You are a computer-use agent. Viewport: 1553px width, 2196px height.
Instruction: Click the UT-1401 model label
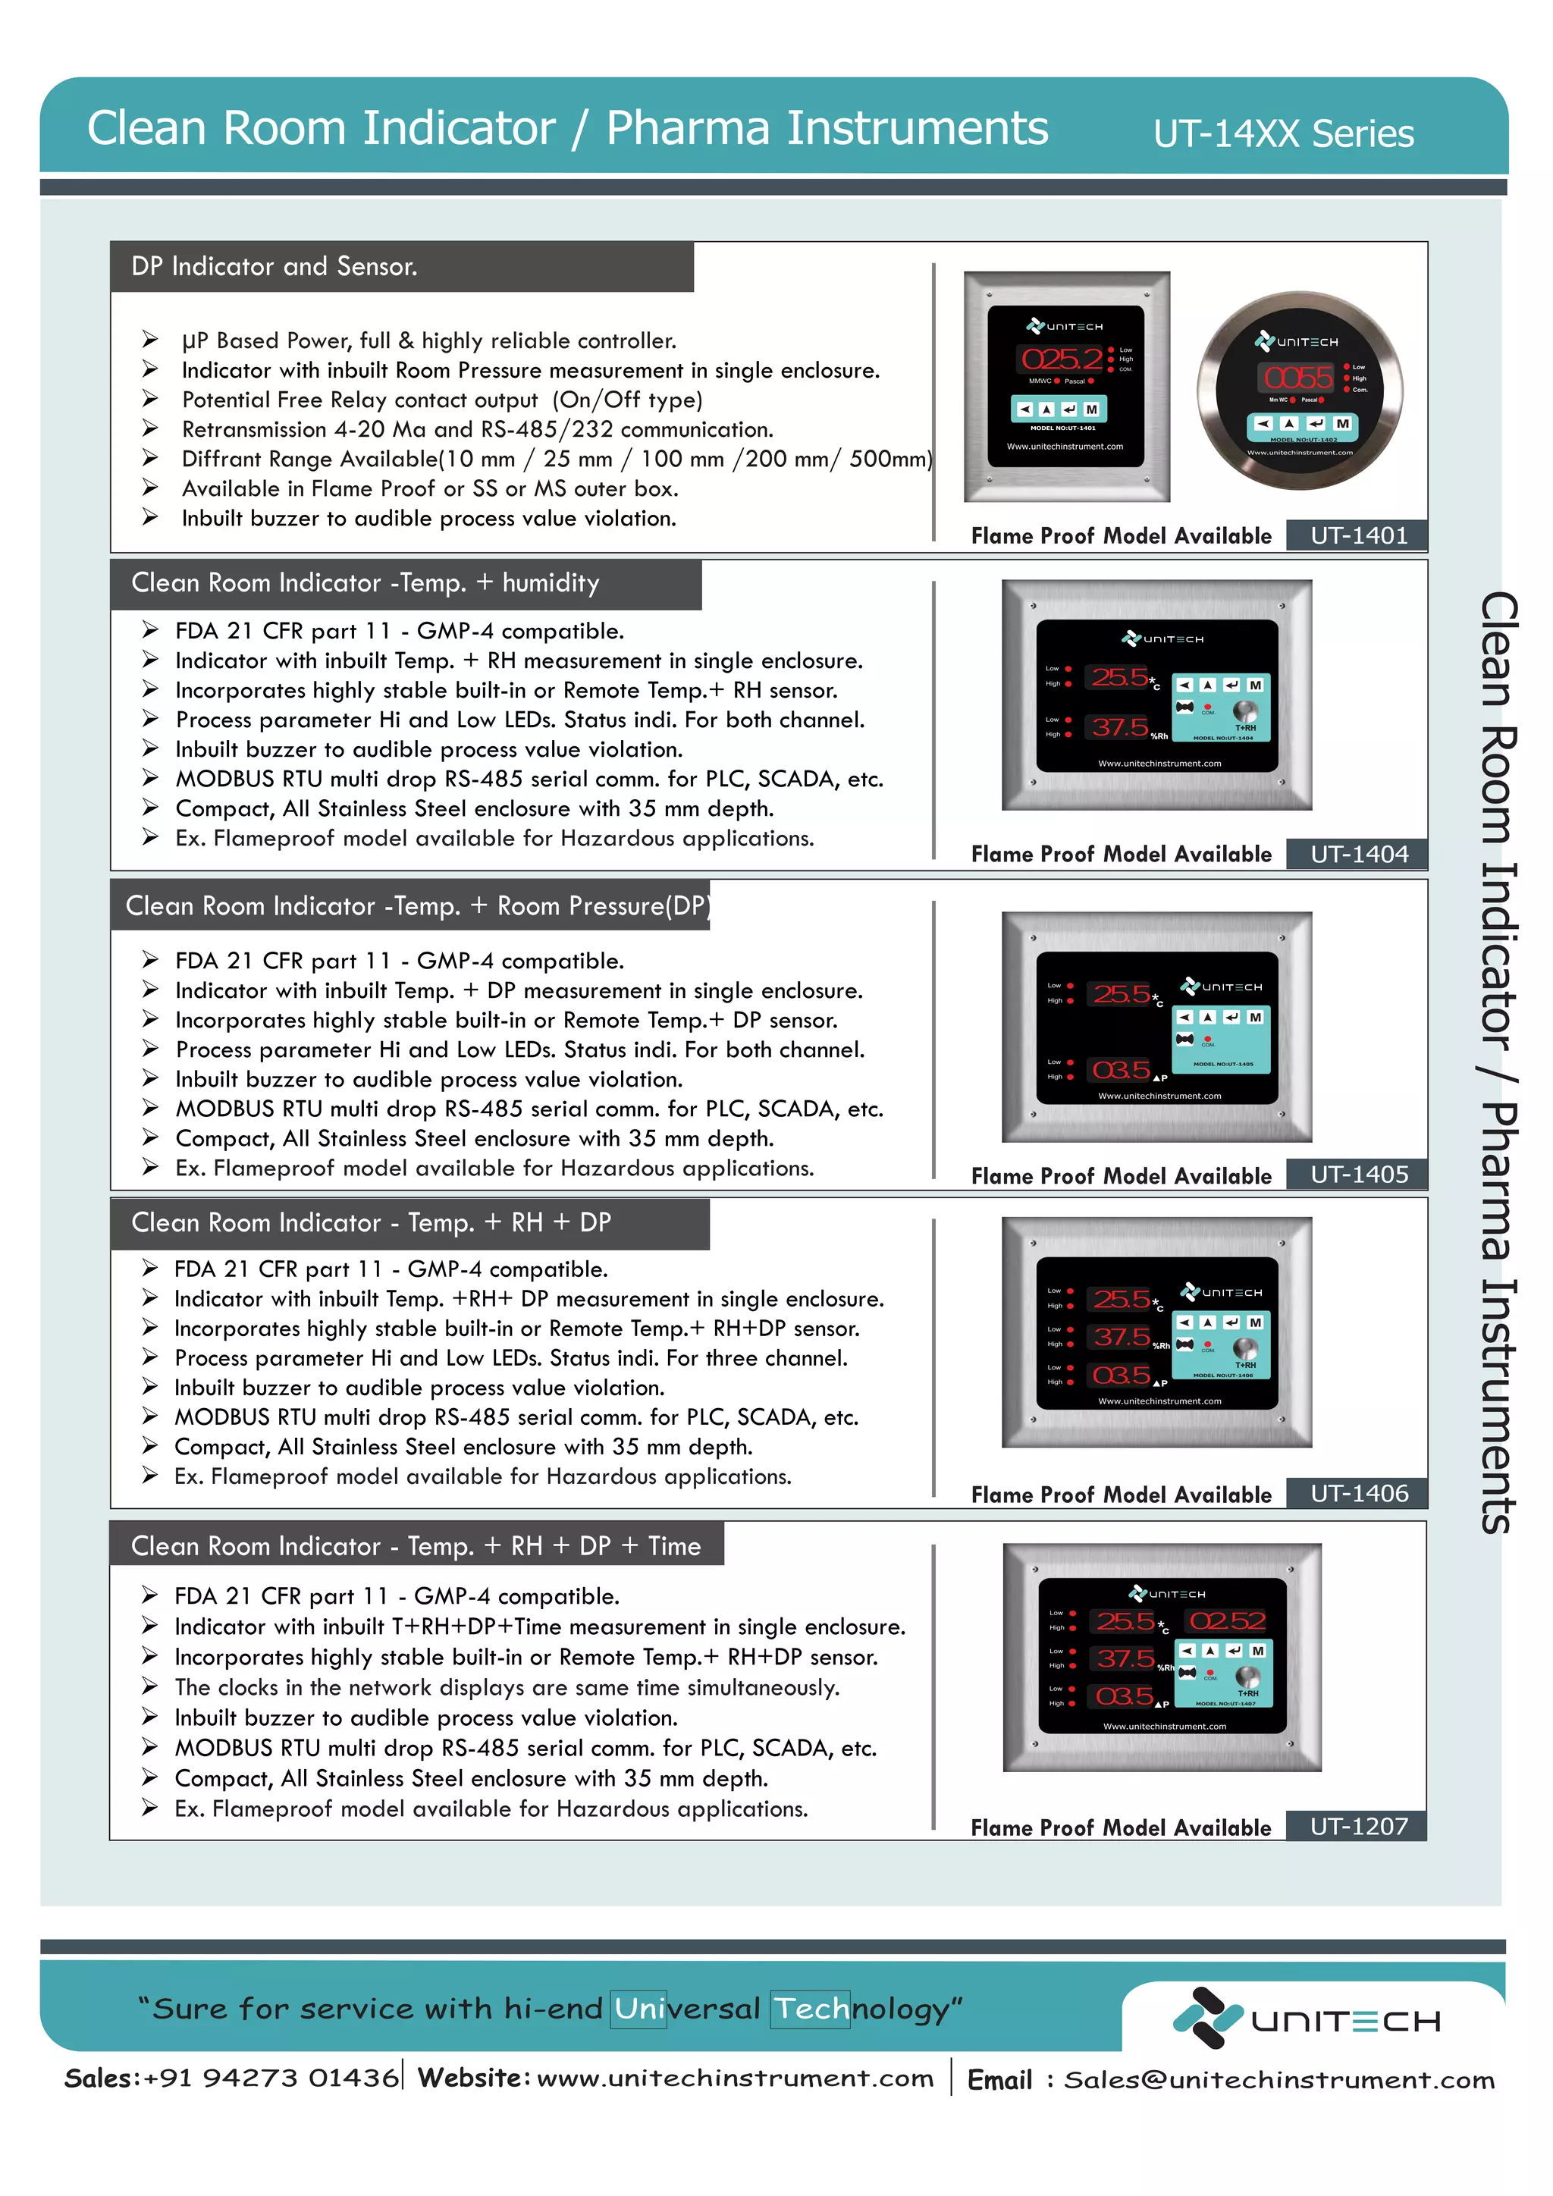coord(1358,535)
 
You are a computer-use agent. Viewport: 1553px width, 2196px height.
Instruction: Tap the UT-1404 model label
coord(1358,854)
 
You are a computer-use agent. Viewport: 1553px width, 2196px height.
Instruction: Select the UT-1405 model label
coord(1358,1175)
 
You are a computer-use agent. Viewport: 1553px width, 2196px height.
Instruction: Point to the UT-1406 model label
coord(1358,1494)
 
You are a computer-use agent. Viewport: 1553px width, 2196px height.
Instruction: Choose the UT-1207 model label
coord(1358,1827)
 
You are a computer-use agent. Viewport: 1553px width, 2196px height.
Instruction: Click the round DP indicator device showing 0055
coord(1300,391)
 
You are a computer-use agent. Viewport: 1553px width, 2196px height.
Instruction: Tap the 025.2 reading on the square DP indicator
coord(1062,359)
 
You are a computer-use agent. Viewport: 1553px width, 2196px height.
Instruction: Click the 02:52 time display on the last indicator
coord(1228,1621)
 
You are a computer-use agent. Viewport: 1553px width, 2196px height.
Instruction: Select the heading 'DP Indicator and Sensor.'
coord(275,267)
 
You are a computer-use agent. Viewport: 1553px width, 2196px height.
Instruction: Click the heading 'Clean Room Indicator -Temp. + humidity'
coord(366,583)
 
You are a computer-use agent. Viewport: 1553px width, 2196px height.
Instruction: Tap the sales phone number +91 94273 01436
coord(271,2078)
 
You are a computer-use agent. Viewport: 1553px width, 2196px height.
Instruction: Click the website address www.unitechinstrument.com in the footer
coord(735,2078)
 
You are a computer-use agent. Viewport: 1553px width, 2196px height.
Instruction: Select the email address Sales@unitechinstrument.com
coord(1278,2080)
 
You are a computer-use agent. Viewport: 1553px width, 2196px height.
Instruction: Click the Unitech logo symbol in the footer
coord(1206,2017)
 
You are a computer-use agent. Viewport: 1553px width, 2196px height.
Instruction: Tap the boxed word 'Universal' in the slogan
coord(686,2009)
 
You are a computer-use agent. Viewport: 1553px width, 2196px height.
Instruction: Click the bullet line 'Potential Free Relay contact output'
coord(442,400)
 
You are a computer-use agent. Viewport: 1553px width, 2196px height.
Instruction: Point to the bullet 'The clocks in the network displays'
coord(507,1688)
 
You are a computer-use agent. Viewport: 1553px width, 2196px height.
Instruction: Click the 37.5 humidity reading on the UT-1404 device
coord(1120,728)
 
